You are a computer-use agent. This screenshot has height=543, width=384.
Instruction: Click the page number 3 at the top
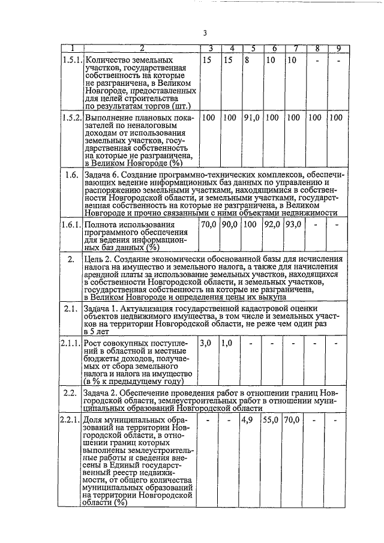point(205,32)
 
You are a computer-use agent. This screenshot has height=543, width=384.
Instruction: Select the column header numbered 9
point(338,49)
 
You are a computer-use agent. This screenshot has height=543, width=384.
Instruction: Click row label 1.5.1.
point(72,60)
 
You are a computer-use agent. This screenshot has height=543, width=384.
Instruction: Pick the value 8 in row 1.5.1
point(247,60)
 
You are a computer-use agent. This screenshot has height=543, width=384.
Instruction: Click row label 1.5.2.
point(72,118)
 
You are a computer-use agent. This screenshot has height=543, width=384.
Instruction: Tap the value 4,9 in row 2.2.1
point(248,419)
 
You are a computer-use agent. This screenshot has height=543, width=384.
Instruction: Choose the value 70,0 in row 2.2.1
point(293,419)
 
